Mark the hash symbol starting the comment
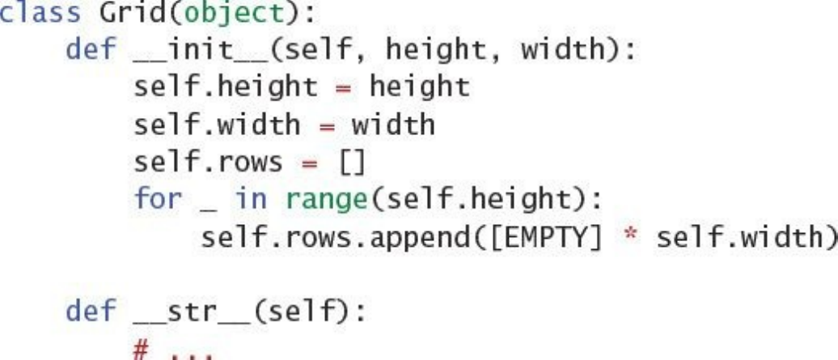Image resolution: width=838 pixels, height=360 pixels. (x=143, y=346)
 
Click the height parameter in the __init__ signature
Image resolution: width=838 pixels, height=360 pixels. (x=432, y=53)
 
